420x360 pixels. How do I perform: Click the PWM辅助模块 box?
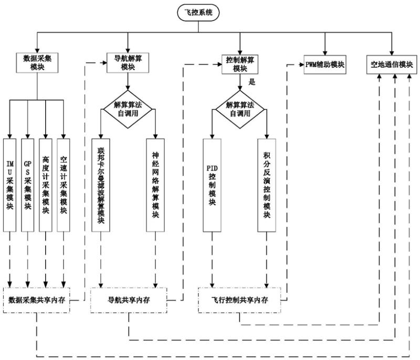coord(324,65)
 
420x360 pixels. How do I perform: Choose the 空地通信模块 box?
coord(391,65)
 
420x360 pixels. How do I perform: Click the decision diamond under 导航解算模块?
coord(128,108)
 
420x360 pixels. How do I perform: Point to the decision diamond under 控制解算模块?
coord(240,108)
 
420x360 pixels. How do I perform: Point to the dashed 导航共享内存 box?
coord(129,301)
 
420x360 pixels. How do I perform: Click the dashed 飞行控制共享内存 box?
coord(240,301)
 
